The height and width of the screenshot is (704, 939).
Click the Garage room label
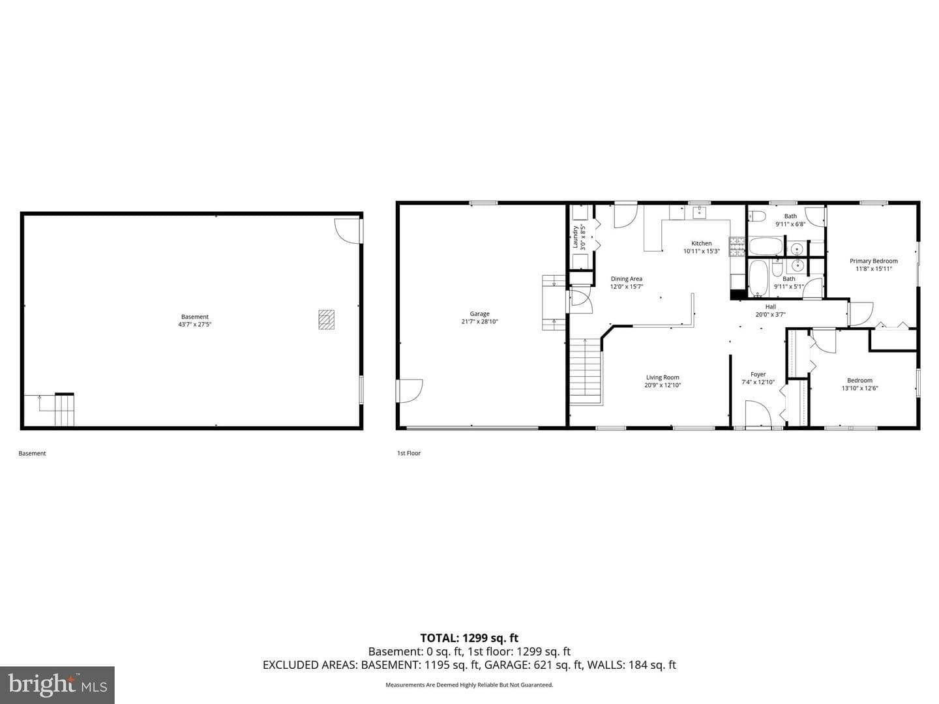(479, 314)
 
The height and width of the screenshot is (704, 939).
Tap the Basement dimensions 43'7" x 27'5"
(194, 325)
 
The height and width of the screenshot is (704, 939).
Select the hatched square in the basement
(327, 319)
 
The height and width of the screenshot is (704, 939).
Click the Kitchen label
(702, 243)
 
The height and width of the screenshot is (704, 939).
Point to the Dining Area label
(626, 279)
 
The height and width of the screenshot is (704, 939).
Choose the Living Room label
(663, 377)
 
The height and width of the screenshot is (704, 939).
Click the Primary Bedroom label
(874, 261)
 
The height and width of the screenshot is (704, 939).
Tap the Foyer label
(758, 374)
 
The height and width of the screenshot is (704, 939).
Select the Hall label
(771, 306)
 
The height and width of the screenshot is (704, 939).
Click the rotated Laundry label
(575, 237)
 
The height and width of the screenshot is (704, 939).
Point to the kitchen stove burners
(738, 246)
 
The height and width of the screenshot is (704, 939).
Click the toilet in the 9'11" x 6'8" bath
(757, 215)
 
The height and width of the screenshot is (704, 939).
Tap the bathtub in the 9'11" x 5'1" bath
(758, 278)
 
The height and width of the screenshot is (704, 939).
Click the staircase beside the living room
(585, 371)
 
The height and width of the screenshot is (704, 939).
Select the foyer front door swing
(758, 413)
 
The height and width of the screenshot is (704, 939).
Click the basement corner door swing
(348, 231)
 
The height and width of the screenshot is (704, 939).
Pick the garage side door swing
(410, 390)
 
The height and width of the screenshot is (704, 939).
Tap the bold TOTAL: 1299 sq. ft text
(469, 638)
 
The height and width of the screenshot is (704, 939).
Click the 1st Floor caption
(409, 453)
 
